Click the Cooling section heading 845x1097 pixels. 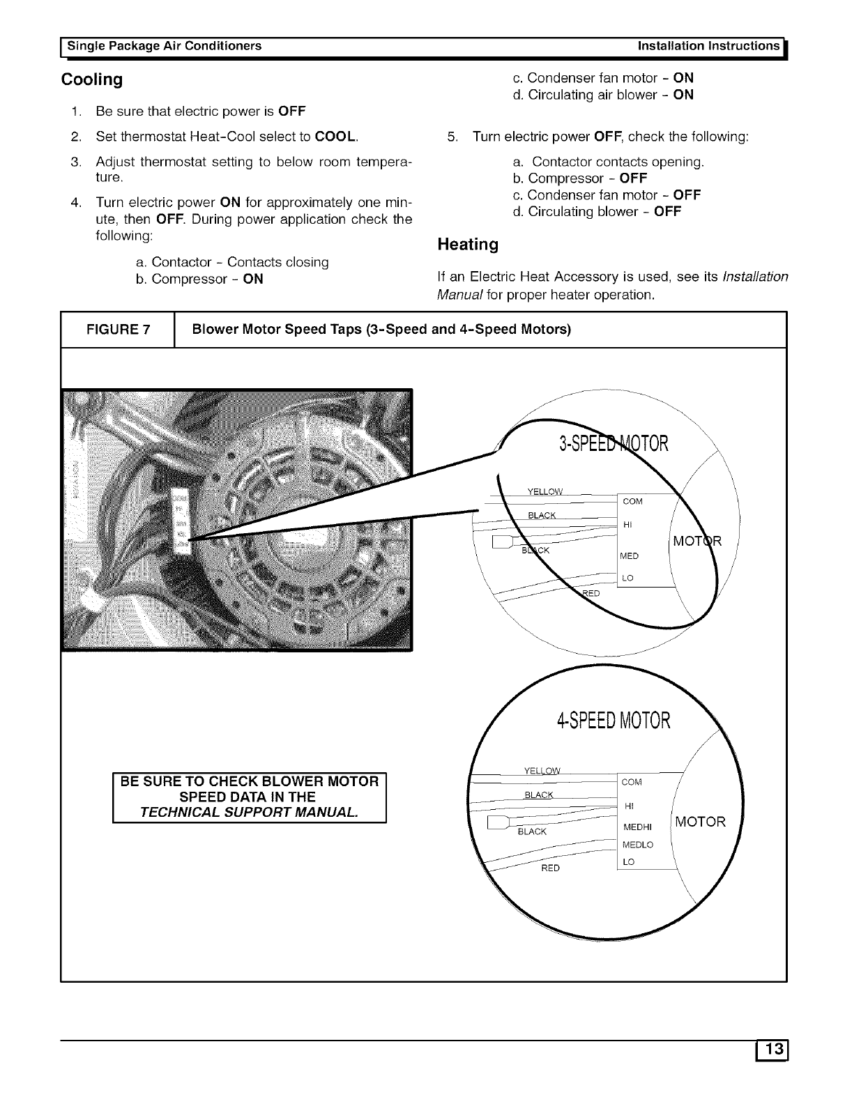point(92,79)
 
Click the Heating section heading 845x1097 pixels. point(467,245)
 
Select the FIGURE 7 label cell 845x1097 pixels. point(117,330)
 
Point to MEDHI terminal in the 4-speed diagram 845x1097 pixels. point(637,827)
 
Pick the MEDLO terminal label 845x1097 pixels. point(637,845)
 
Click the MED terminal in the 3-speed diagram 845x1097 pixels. point(628,556)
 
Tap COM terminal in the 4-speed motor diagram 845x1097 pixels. point(631,782)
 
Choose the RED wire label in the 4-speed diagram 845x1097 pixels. point(550,868)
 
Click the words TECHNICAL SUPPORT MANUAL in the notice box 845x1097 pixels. point(250,813)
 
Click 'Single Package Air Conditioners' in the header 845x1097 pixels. point(164,46)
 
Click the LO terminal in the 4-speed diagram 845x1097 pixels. point(628,862)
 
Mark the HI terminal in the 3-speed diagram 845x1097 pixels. point(627,524)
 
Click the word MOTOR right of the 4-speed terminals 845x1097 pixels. point(701,822)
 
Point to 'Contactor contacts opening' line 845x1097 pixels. point(618,162)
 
